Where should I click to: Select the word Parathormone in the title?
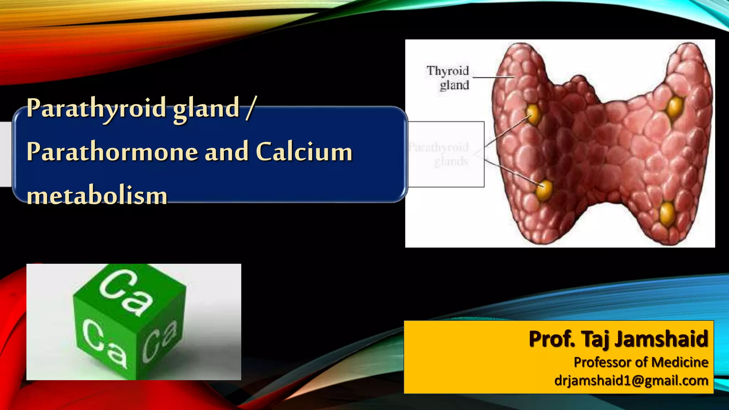(x=112, y=152)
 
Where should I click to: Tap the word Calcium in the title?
(x=304, y=152)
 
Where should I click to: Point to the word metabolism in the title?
(x=97, y=196)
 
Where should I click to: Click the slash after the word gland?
(x=250, y=108)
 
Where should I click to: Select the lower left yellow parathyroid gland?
(x=544, y=190)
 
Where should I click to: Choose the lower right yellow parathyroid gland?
(x=667, y=214)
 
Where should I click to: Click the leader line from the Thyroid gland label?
(x=493, y=77)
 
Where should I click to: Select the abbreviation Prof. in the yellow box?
(x=551, y=339)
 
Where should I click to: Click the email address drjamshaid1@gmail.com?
(x=631, y=381)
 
